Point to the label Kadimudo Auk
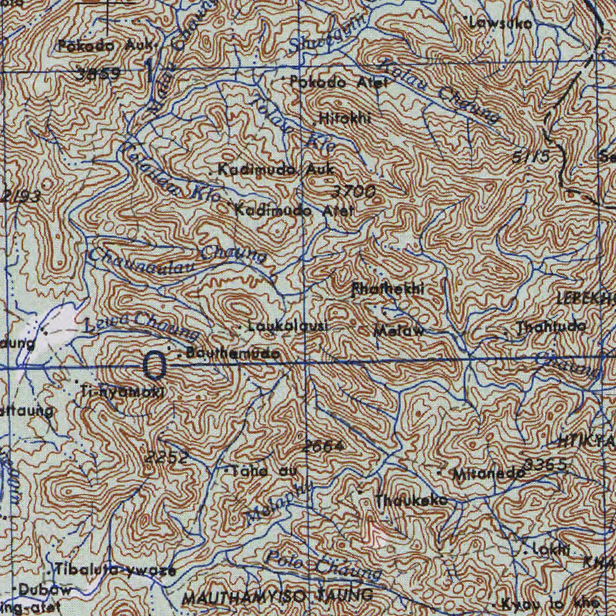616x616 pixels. [x=276, y=170]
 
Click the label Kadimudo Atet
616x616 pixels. [x=294, y=211]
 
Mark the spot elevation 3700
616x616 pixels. [x=354, y=192]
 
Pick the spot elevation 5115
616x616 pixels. [x=531, y=157]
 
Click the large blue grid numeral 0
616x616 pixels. [x=155, y=366]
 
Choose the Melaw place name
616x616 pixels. [x=399, y=330]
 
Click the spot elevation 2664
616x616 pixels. [x=323, y=446]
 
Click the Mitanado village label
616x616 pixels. [x=489, y=473]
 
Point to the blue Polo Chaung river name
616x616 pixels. [x=324, y=565]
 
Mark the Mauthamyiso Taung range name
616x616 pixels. [x=277, y=597]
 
